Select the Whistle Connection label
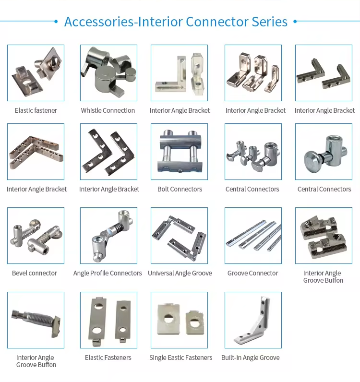[x=108, y=110]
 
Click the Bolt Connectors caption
[x=180, y=189]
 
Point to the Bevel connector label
[x=35, y=273]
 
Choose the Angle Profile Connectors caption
[x=108, y=273]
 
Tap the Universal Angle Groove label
[x=180, y=273]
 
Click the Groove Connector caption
[x=253, y=273]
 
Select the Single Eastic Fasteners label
[x=180, y=358]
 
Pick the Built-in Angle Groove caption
[x=250, y=358]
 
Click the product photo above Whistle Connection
[x=108, y=73]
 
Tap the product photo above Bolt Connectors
[x=180, y=152]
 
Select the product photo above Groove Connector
[x=253, y=236]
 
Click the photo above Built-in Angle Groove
[x=253, y=320]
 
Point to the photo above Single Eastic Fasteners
[x=180, y=320]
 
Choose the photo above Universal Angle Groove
[x=180, y=236]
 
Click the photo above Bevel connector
[x=36, y=236]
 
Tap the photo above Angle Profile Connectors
[x=108, y=236]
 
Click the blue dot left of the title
[x=56, y=22]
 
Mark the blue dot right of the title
[x=295, y=22]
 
